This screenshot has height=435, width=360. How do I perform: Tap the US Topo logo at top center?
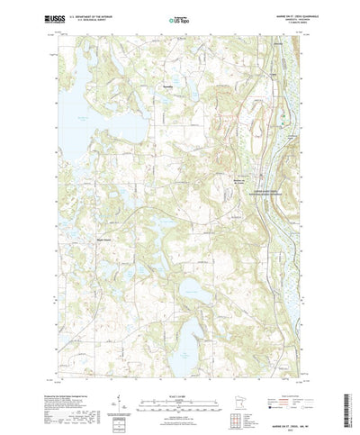pyautogui.click(x=180, y=17)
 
